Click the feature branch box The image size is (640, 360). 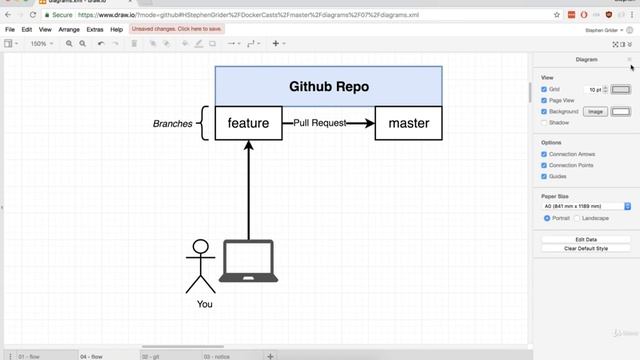[x=249, y=123]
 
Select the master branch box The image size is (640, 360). [x=408, y=123]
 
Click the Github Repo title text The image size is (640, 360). [x=329, y=86]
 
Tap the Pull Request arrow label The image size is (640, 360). [x=320, y=123]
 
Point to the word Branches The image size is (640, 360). [x=172, y=124]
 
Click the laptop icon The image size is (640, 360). [x=249, y=261]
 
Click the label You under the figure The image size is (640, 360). [x=204, y=304]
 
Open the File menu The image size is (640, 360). [x=11, y=30]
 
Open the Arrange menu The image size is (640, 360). [x=69, y=30]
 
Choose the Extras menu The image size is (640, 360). [x=95, y=30]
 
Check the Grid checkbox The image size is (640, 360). [x=544, y=89]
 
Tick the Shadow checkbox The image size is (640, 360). [x=544, y=122]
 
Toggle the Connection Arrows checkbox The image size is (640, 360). [x=544, y=154]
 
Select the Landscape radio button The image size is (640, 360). [x=579, y=217]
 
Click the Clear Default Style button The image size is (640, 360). [x=585, y=248]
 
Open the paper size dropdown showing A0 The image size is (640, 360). [x=585, y=205]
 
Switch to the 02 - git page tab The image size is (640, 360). [x=151, y=355]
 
